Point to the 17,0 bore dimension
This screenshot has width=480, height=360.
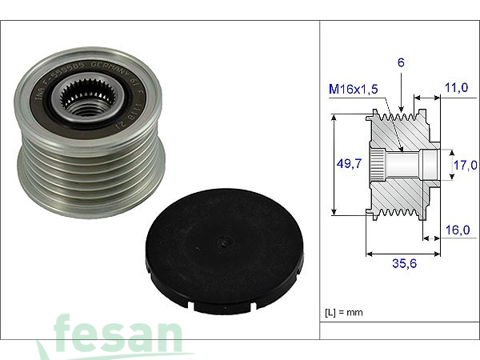(465, 166)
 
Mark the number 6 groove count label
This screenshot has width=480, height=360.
(399, 62)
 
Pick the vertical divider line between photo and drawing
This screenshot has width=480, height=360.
(320, 180)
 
